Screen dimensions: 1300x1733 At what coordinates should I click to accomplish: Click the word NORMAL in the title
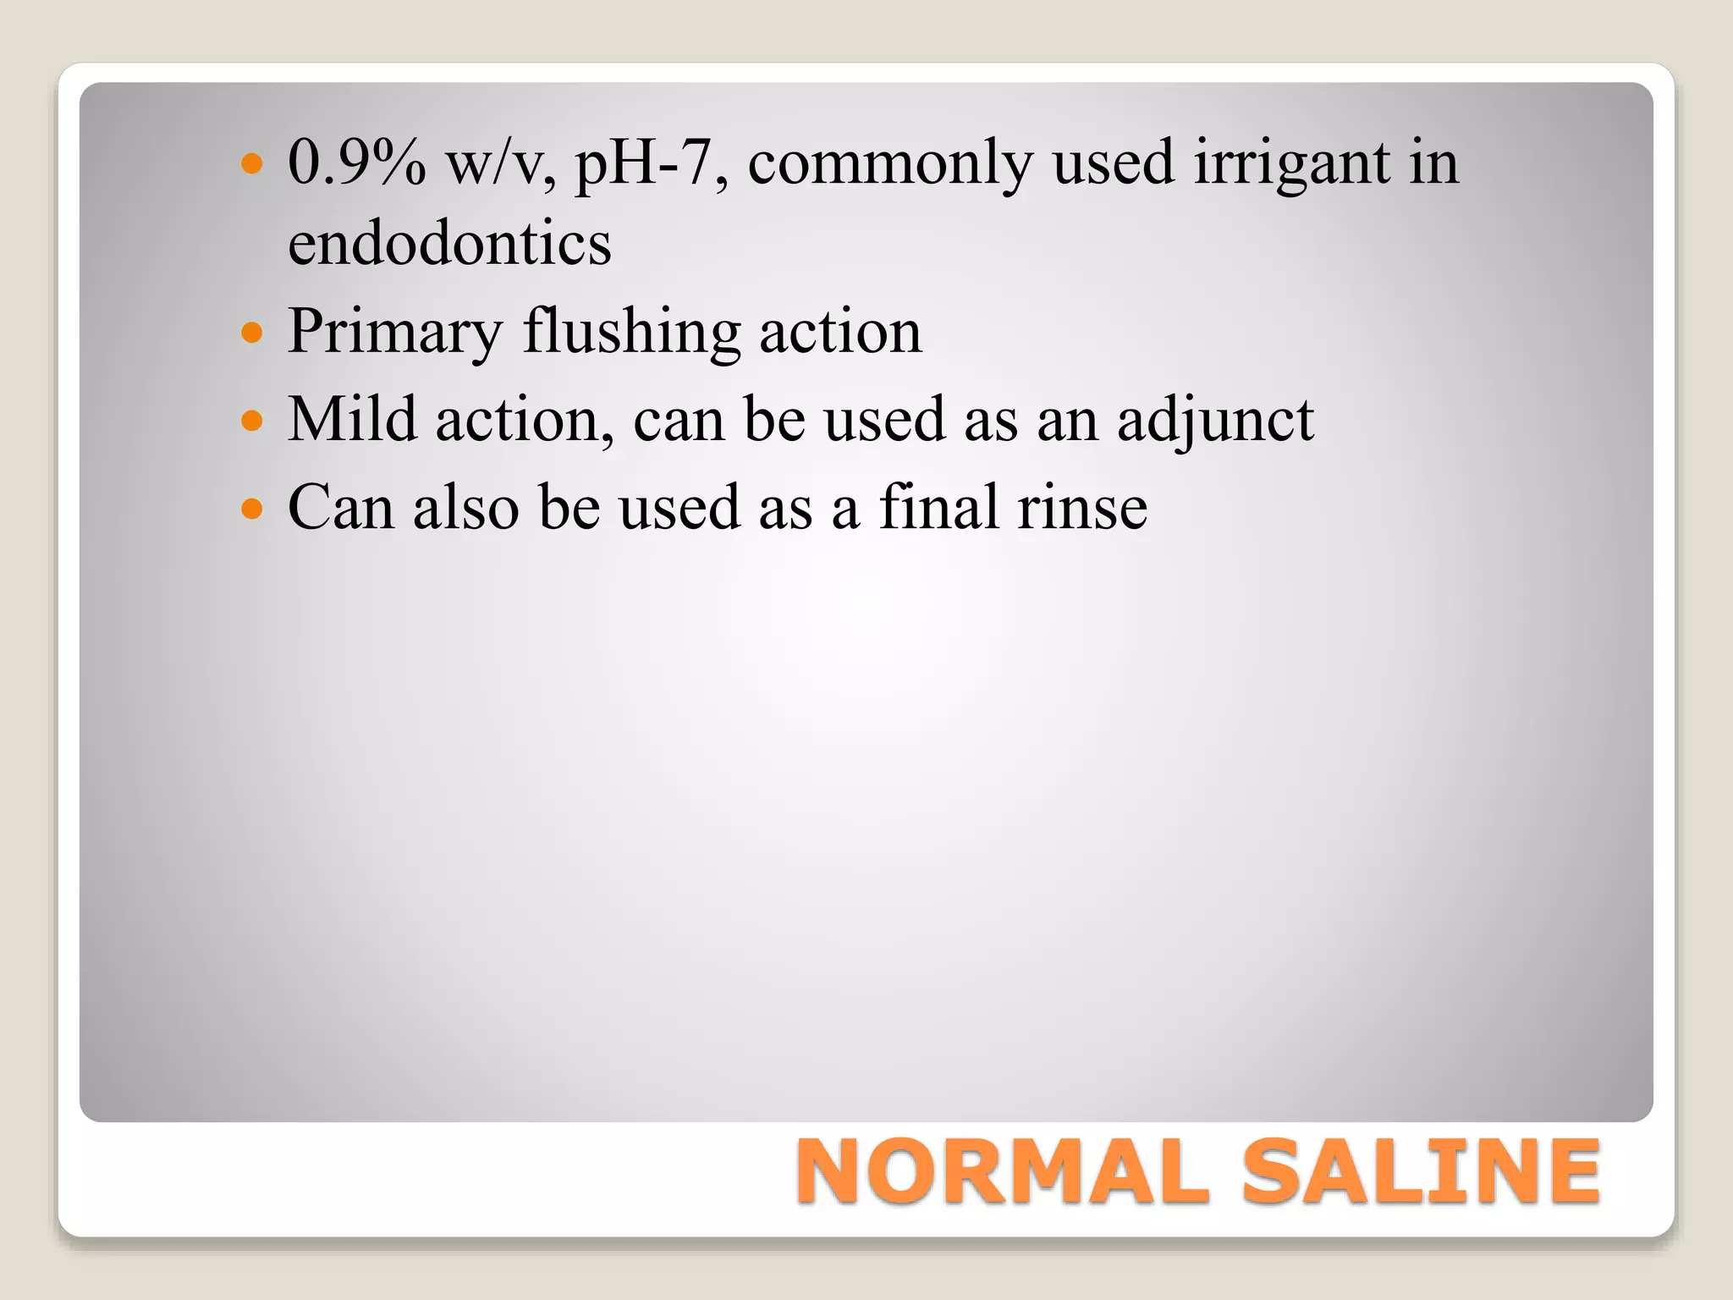pos(1003,1172)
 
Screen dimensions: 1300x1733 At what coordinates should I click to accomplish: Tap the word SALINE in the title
pos(1421,1172)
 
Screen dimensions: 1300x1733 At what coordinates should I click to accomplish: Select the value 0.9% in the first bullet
pos(356,162)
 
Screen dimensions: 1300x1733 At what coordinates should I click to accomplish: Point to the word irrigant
pos(1291,162)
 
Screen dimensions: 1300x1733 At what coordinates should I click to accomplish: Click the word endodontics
pos(449,244)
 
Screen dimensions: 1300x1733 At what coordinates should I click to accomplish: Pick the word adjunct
pos(1215,421)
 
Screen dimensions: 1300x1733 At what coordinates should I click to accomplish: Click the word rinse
pos(1082,508)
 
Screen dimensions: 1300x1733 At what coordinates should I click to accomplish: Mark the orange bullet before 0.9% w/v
pos(252,162)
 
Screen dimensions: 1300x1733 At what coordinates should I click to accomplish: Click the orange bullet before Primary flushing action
pos(252,333)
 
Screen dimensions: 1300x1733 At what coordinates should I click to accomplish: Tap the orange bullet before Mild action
pos(252,420)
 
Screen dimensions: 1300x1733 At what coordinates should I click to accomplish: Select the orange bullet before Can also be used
pos(252,508)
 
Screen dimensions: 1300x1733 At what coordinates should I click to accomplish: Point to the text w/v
pos(500,162)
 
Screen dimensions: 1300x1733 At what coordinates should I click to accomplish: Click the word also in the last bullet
pos(465,508)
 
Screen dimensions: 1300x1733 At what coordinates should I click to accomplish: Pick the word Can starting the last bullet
pos(340,508)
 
